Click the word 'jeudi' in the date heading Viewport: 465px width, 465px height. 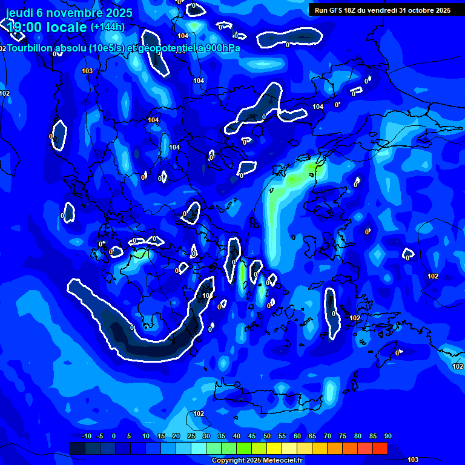pyautogui.click(x=19, y=12)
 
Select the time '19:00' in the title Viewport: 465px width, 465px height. pyautogui.click(x=25, y=27)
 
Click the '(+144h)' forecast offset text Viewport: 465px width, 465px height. pyautogui.click(x=108, y=27)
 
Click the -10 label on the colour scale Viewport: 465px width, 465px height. pyautogui.click(x=87, y=437)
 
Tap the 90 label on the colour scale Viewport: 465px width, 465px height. pyautogui.click(x=387, y=437)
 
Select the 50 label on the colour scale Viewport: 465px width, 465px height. pyautogui.click(x=267, y=437)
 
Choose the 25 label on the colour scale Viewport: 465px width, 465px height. pyautogui.click(x=191, y=437)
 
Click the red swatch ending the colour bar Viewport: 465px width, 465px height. pyautogui.click(x=380, y=448)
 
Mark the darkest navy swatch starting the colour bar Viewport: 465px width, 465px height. pyautogui.click(x=77, y=448)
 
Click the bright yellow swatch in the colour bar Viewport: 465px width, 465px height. pyautogui.click(x=274, y=448)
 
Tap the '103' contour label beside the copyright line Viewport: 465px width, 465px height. pyautogui.click(x=413, y=460)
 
